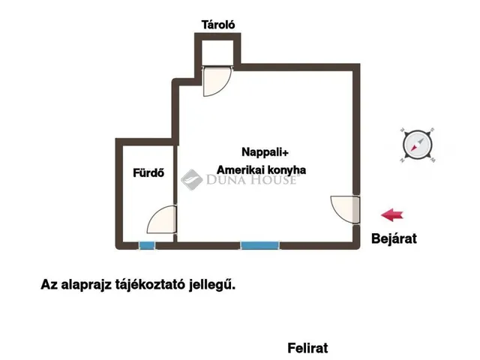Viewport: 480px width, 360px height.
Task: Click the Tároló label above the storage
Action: click(x=218, y=25)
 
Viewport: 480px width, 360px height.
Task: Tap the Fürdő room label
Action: click(x=148, y=174)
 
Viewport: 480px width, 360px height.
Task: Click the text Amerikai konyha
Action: click(x=262, y=170)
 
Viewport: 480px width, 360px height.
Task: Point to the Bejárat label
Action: click(x=394, y=239)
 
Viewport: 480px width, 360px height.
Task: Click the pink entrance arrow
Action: click(x=392, y=215)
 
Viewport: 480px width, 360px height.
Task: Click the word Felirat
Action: click(x=307, y=349)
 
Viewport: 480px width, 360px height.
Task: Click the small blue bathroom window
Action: click(x=147, y=245)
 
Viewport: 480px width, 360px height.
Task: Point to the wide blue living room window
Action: click(x=257, y=245)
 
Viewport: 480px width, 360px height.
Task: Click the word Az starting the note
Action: click(x=49, y=285)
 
